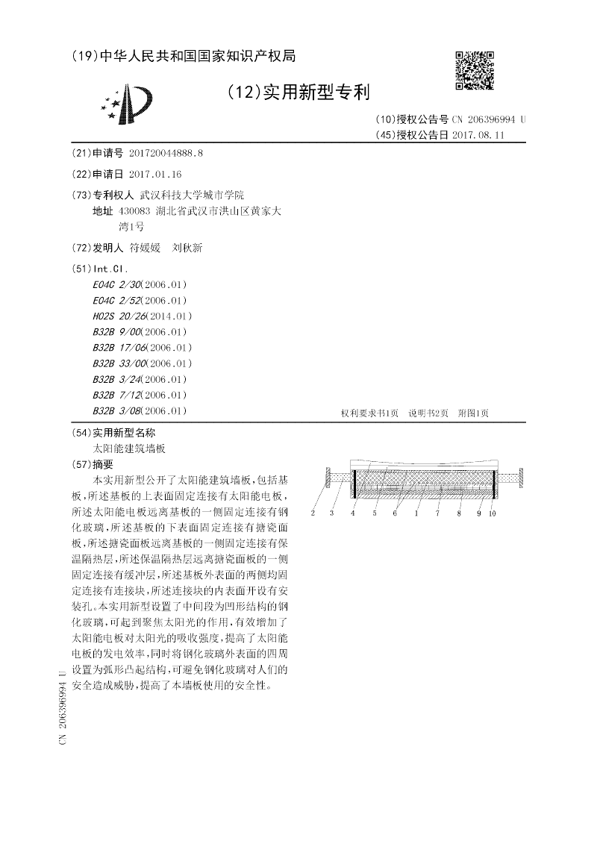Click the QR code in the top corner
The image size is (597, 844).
(x=475, y=70)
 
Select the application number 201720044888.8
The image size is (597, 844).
(x=166, y=153)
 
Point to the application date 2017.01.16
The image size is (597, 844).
(x=155, y=174)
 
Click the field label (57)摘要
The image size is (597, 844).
(x=96, y=464)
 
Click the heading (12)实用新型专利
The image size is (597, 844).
(x=298, y=92)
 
